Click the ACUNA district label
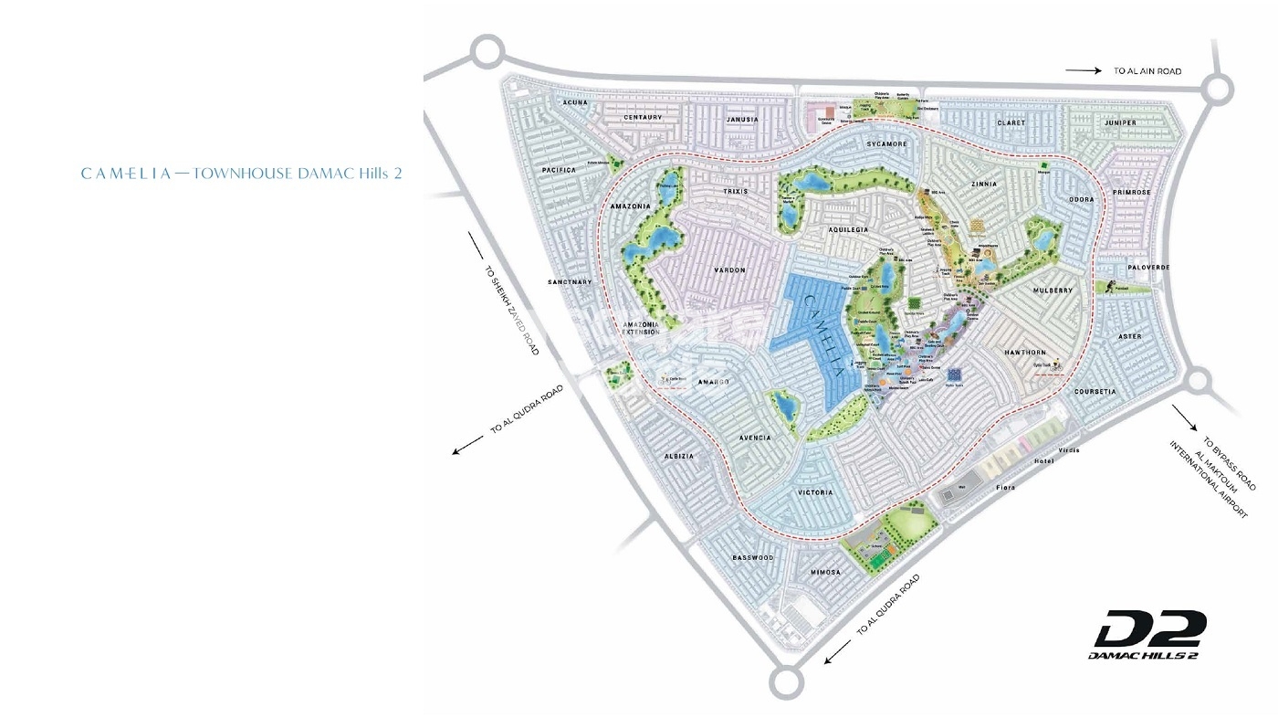tap(575, 103)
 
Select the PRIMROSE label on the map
tap(1134, 193)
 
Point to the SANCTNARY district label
tap(571, 282)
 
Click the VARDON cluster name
tap(729, 270)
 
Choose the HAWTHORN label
tap(1024, 352)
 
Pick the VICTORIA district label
tap(815, 492)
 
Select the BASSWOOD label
tap(753, 557)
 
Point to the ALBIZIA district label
tap(678, 456)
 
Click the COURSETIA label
tap(1095, 392)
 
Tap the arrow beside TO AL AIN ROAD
tap(1084, 70)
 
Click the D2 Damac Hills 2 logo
tap(1149, 635)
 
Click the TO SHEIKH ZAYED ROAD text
tap(511, 305)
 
